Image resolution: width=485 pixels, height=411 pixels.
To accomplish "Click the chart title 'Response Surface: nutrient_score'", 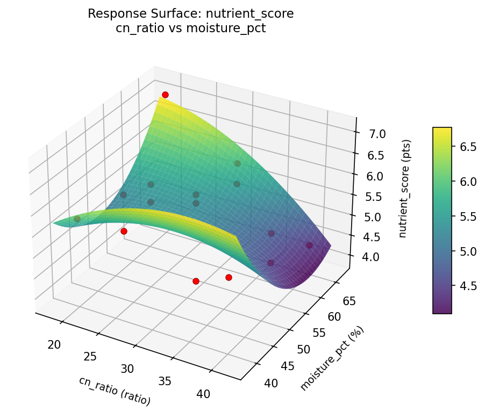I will click(x=191, y=14).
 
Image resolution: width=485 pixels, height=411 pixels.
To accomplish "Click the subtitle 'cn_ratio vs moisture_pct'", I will click(x=191, y=28).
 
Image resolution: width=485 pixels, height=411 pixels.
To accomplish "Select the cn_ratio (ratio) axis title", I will click(x=115, y=391).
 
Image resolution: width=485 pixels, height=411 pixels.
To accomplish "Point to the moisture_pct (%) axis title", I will click(x=332, y=358).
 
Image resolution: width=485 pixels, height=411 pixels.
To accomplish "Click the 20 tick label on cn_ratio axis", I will click(x=54, y=344).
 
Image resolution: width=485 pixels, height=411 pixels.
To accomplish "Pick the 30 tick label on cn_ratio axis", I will click(x=127, y=369).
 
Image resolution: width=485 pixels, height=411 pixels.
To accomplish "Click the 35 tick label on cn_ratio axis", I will click(x=165, y=381).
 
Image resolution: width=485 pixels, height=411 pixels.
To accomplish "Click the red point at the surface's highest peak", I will click(x=165, y=95).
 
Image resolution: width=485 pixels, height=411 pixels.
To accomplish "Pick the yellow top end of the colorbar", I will click(x=442, y=130).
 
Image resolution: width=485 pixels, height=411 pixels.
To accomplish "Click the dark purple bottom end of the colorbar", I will click(x=442, y=310).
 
